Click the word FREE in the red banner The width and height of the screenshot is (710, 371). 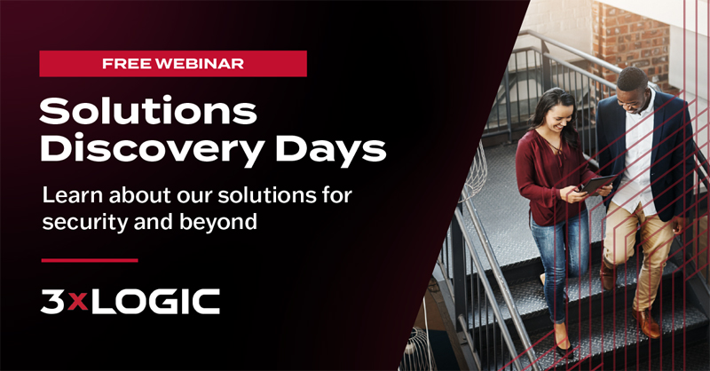point(127,63)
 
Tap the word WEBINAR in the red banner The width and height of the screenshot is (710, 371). point(200,63)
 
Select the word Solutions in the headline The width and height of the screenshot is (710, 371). point(148,111)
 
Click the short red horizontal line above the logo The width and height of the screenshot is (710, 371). point(90,260)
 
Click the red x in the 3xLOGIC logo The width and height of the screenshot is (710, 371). point(78,303)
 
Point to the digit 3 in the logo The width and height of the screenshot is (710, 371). point(52,301)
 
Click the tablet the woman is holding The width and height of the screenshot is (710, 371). point(597,185)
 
